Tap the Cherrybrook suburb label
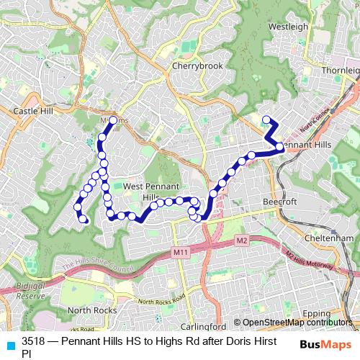tap(197, 66)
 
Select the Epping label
tap(336, 314)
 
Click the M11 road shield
tap(180, 252)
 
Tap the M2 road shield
tap(241, 240)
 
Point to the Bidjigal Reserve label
tap(30, 291)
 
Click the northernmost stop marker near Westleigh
tap(266, 120)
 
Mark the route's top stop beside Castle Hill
tap(113, 120)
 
